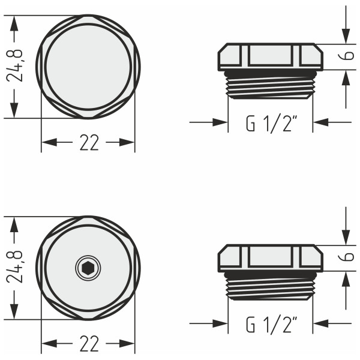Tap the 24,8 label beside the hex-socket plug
(x=18, y=267)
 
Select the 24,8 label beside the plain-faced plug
(x=18, y=65)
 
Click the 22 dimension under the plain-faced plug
(x=88, y=143)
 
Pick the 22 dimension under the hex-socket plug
(x=88, y=344)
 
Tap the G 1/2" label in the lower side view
(x=271, y=325)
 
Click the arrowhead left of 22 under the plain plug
(x=49, y=142)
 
